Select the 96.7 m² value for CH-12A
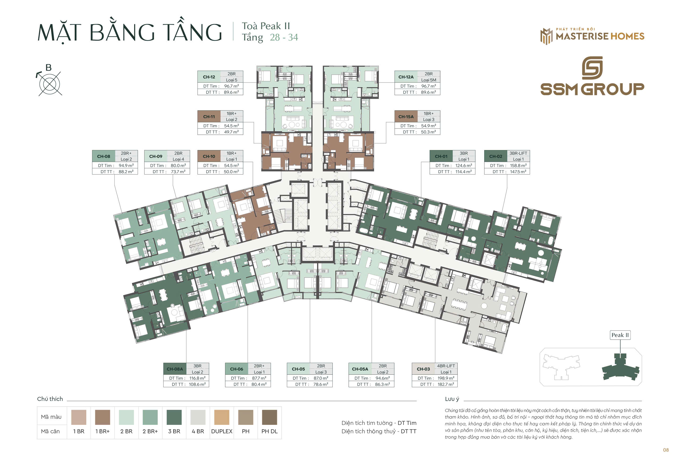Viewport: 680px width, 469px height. pos(428,86)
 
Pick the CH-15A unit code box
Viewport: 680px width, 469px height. pos(406,117)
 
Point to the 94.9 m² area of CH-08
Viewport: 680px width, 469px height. pos(126,165)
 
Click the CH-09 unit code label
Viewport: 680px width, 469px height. pos(155,156)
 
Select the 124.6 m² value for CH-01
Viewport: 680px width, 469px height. pos(464,165)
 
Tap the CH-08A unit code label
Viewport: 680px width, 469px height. pos(175,369)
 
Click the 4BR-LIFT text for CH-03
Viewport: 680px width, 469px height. pos(446,366)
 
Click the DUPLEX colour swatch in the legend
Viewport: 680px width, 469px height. pos(222,417)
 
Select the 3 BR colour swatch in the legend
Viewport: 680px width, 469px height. pos(174,417)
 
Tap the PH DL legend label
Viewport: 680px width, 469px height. pos(269,431)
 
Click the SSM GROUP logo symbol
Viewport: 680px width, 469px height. pos(592,68)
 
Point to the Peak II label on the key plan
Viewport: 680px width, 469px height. pos(620,335)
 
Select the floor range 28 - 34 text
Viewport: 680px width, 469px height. pos(284,37)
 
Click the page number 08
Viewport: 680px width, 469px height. pos(666,450)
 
